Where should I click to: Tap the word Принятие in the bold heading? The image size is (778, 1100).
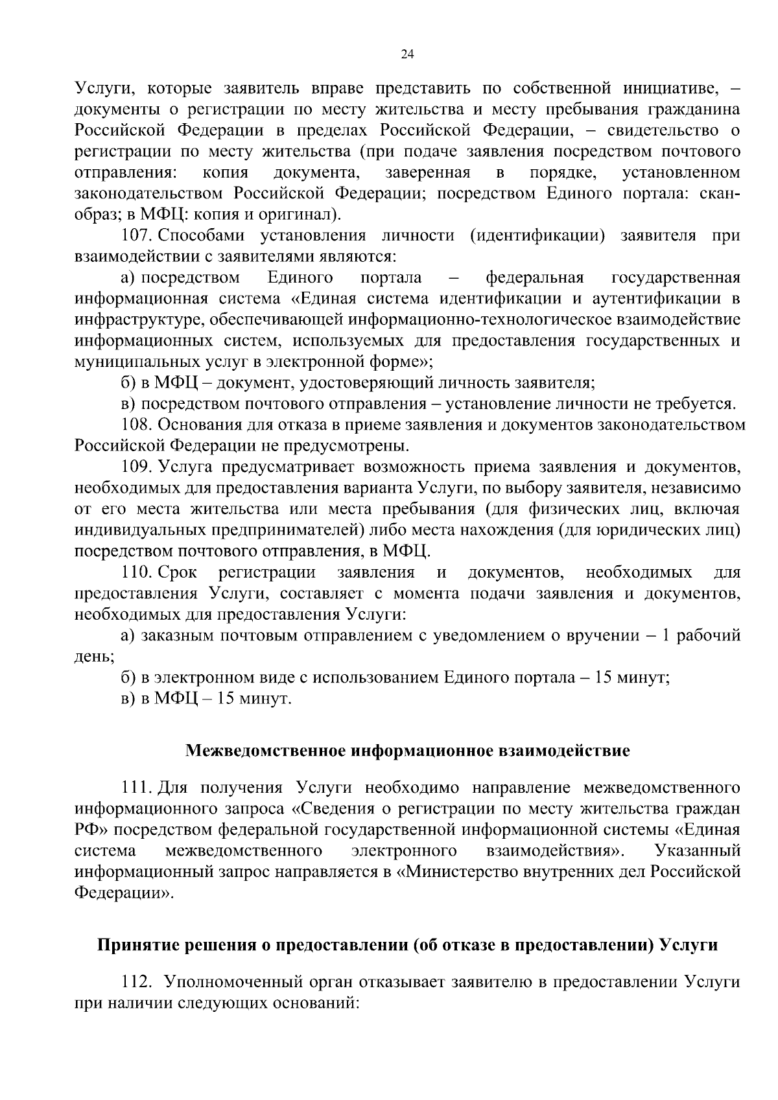click(x=137, y=946)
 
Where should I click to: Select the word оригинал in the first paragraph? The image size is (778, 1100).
click(x=298, y=215)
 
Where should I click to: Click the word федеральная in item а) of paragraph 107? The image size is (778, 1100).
click(x=535, y=278)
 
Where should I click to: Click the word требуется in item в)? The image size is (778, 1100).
click(x=693, y=404)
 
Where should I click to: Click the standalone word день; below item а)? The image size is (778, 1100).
click(x=95, y=657)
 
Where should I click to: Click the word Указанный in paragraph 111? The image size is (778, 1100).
click(x=698, y=850)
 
